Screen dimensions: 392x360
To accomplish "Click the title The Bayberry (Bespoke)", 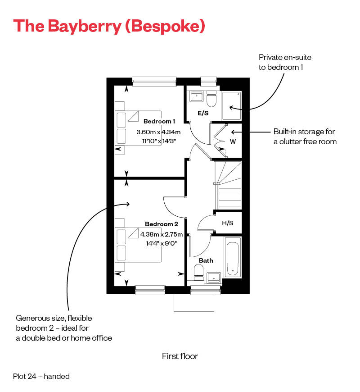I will [109, 26].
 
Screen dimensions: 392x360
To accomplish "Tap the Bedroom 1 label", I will [159, 121].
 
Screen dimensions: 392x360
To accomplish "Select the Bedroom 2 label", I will [161, 224].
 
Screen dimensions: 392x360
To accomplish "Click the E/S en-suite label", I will [203, 113].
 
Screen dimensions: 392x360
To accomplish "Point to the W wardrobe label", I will [233, 141].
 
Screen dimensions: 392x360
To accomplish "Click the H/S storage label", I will [227, 223].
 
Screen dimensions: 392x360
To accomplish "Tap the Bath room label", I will [206, 260].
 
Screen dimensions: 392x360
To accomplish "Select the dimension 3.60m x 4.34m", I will [158, 132].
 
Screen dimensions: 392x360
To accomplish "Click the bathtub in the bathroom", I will [232, 260].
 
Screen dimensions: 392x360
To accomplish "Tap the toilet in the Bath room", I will [198, 272].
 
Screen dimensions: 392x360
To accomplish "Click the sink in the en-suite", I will [196, 96].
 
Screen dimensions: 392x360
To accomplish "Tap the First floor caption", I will [180, 356].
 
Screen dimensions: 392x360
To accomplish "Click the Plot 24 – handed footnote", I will [41, 376].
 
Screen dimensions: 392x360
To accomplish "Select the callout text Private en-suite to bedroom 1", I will [285, 62].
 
